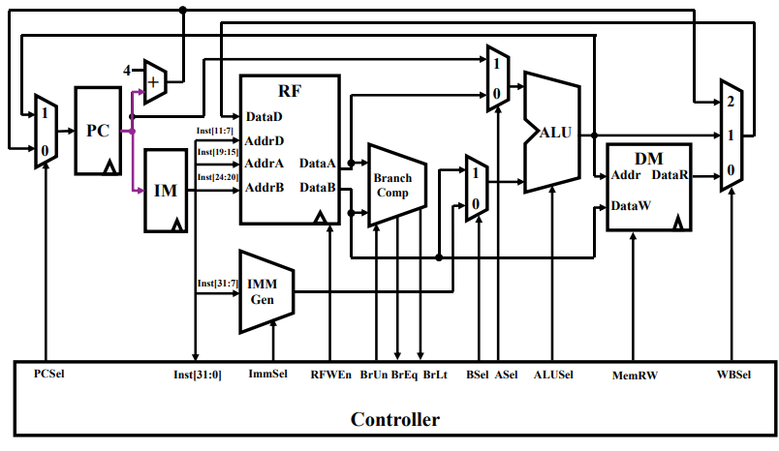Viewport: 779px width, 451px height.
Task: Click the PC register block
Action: click(99, 131)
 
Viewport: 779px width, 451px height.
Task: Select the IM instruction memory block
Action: click(166, 190)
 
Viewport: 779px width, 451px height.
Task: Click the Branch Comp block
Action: click(393, 185)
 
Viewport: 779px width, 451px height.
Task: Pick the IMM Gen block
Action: click(264, 289)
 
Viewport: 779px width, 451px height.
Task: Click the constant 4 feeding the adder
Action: click(127, 70)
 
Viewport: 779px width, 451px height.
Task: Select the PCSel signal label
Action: click(49, 373)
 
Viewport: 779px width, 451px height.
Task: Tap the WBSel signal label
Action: click(733, 373)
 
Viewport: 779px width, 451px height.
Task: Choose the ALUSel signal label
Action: click(553, 373)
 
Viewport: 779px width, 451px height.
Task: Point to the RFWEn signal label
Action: click(330, 374)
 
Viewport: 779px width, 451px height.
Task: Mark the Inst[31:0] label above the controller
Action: click(197, 374)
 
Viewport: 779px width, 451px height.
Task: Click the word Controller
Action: click(394, 419)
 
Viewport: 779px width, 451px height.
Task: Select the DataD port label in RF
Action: click(265, 116)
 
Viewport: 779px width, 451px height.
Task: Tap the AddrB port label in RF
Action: click(265, 187)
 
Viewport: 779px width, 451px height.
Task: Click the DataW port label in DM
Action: click(631, 205)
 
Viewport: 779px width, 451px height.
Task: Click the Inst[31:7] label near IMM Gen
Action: click(218, 283)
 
